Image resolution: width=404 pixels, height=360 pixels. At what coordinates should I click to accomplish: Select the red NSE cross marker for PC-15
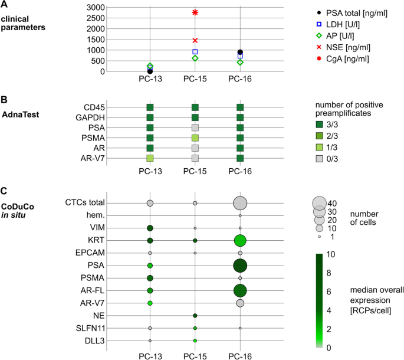195,40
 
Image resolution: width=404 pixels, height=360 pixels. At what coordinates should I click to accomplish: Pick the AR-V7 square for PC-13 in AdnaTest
150,158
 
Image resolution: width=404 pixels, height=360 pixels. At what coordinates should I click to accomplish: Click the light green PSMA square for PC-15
195,138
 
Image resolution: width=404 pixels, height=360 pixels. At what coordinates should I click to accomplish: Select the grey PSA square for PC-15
195,127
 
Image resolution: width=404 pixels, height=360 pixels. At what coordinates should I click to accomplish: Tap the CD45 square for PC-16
240,107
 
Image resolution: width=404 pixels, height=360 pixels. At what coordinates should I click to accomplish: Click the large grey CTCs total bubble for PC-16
240,203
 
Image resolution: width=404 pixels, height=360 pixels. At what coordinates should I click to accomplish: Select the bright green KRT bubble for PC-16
240,240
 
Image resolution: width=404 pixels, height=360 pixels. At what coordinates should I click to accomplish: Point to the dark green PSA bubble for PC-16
240,266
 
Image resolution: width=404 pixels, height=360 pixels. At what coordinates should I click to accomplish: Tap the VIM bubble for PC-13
150,228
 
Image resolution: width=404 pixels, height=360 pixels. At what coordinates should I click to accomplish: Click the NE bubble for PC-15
195,316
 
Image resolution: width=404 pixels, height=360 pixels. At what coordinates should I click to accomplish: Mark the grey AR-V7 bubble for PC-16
240,303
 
